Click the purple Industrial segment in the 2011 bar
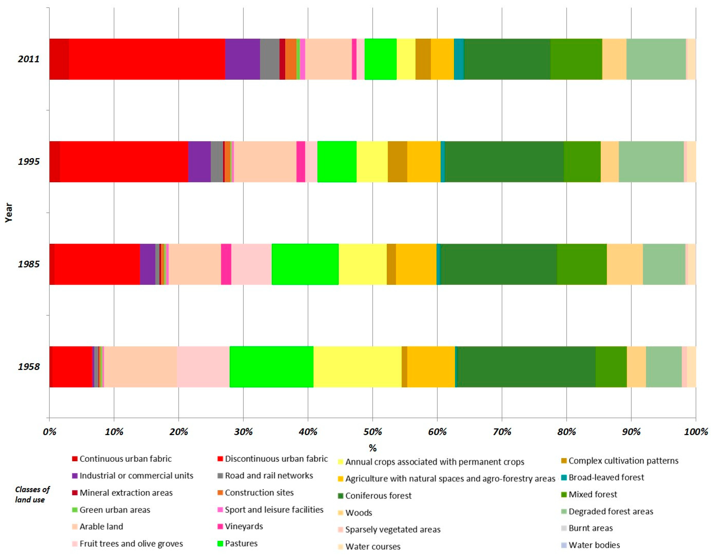[x=242, y=59]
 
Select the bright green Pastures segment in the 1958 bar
[x=271, y=367]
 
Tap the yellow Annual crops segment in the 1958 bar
[x=357, y=367]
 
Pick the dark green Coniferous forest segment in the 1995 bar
[x=504, y=162]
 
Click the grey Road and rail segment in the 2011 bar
[x=270, y=59]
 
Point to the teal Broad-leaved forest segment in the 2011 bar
[x=459, y=59]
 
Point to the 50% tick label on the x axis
[x=373, y=432]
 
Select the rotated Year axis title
[x=9, y=213]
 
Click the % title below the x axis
[x=373, y=448]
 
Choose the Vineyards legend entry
[x=243, y=526]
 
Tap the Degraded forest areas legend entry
[x=611, y=511]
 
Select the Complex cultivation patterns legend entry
[x=623, y=461]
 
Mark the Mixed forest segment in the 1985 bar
[x=582, y=264]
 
